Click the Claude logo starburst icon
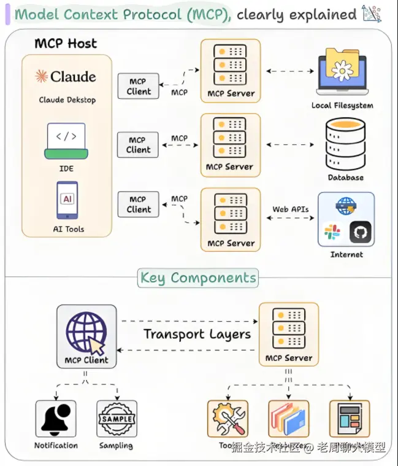(x=42, y=77)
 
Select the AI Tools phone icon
(x=67, y=200)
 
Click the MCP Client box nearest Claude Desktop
(x=139, y=87)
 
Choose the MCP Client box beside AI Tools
(x=139, y=204)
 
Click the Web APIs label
(x=291, y=209)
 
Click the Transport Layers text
(x=197, y=335)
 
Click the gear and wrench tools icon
(x=228, y=419)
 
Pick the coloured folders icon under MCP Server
(x=288, y=419)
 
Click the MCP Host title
(x=66, y=44)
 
